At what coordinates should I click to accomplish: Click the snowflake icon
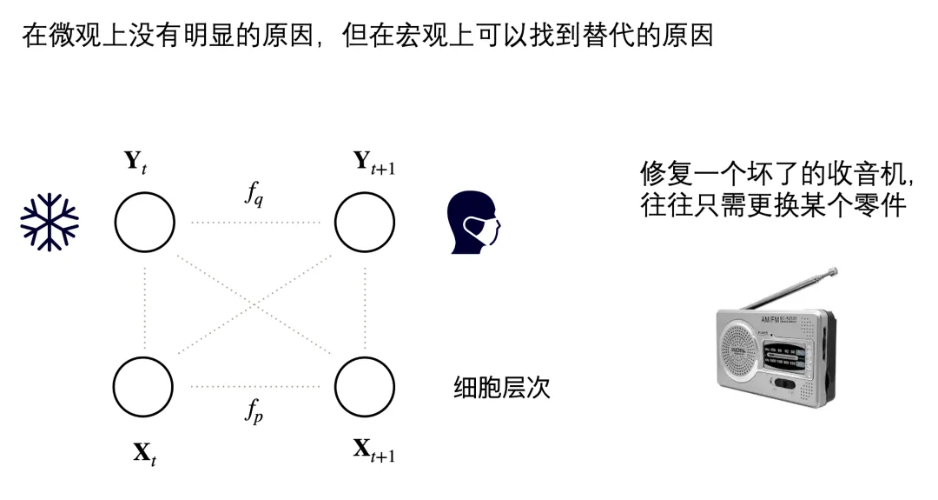pos(50,221)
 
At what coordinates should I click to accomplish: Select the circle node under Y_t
pos(144,222)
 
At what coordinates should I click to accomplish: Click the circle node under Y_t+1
pos(365,222)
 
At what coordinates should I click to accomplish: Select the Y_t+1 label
pos(373,162)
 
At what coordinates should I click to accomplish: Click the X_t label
pos(144,452)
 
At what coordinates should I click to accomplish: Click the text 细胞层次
pos(502,388)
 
